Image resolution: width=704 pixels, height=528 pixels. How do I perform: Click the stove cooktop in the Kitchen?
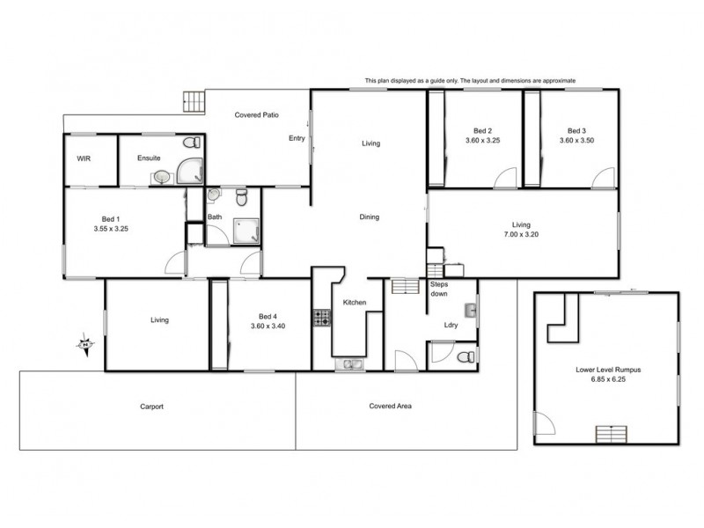pos(321,318)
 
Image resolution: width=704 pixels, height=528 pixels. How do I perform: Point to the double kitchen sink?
pos(349,363)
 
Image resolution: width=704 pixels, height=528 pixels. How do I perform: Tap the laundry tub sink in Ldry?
pos(471,311)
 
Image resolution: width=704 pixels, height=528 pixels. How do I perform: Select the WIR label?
pos(84,158)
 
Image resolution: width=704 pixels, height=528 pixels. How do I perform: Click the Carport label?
pos(152,407)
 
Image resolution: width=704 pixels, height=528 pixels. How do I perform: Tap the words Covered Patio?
pos(257,115)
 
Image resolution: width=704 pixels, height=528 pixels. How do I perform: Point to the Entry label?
pos(297,138)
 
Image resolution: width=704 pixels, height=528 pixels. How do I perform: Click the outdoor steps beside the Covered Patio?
pos(192,101)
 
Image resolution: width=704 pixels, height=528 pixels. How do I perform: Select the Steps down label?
pos(439,290)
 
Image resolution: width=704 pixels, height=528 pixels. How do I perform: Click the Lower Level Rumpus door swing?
pos(546,428)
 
